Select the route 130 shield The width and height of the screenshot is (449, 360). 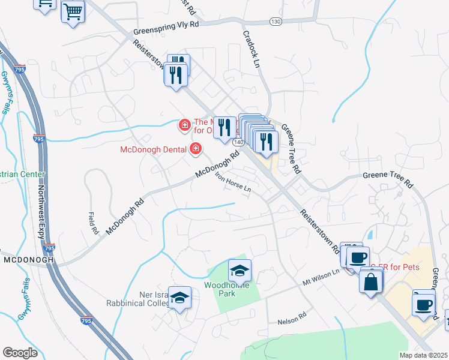coord(276,22)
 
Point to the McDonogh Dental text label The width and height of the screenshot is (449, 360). coord(155,149)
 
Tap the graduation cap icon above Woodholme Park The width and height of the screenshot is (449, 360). coord(240,271)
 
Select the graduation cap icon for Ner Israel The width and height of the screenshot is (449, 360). coord(179,297)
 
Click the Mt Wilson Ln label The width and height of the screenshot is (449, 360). coord(321,276)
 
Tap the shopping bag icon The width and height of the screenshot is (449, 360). coord(371,281)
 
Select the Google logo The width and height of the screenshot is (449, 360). coord(20,353)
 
